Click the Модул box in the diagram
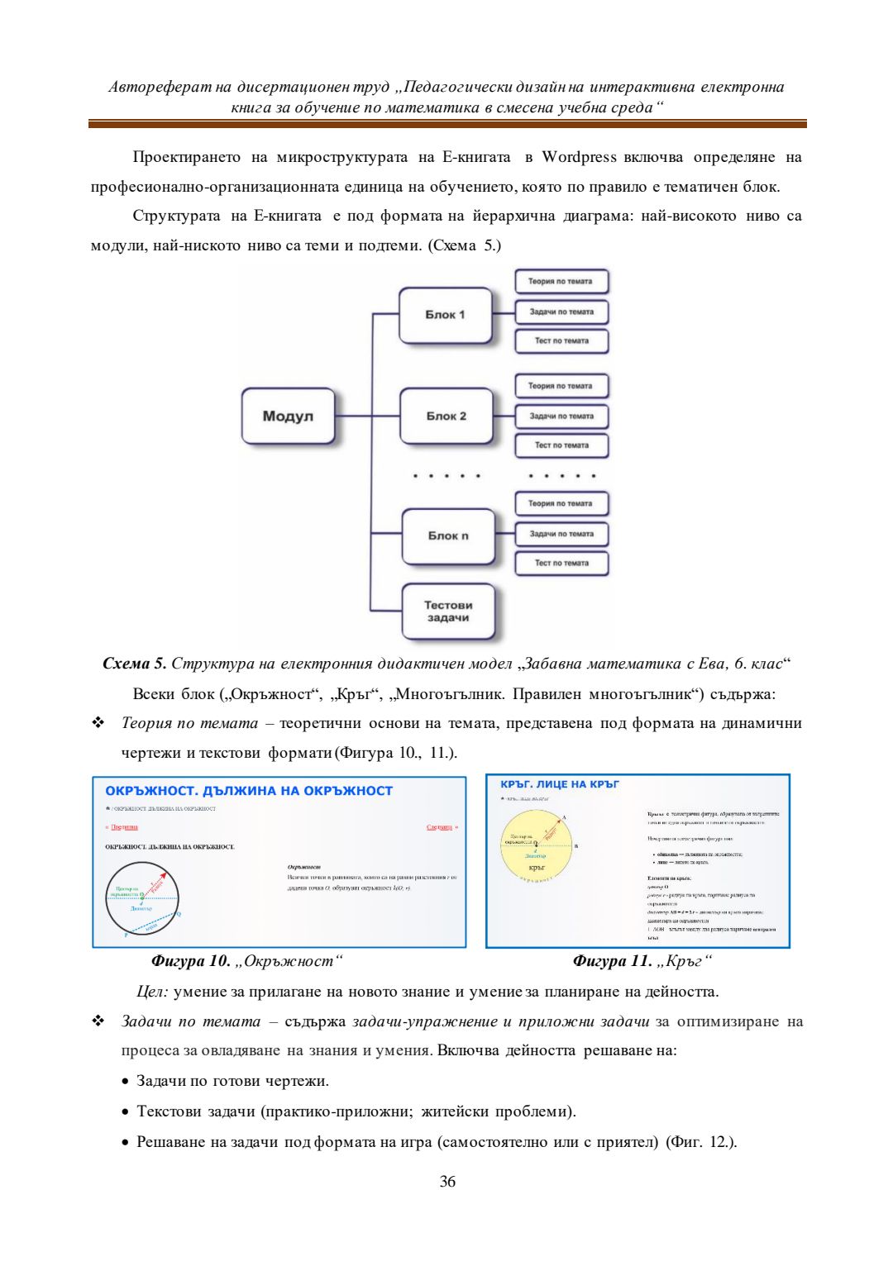tap(288, 416)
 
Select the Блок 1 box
tap(445, 315)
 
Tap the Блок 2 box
tap(446, 416)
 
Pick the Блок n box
tap(447, 535)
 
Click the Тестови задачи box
tap(447, 612)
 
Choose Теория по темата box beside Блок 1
tap(561, 281)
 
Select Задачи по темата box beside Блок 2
tap(561, 416)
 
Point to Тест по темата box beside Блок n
tap(561, 563)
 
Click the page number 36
tap(447, 1182)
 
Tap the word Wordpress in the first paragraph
tap(579, 157)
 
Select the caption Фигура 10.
tap(190, 961)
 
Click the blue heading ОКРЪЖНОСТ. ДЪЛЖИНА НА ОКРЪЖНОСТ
tap(249, 791)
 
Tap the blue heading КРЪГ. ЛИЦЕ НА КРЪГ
tap(560, 784)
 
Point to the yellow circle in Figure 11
tap(537, 845)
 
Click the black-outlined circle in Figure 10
tap(141, 897)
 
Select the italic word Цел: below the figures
tap(153, 992)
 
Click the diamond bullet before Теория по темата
tap(98, 723)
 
